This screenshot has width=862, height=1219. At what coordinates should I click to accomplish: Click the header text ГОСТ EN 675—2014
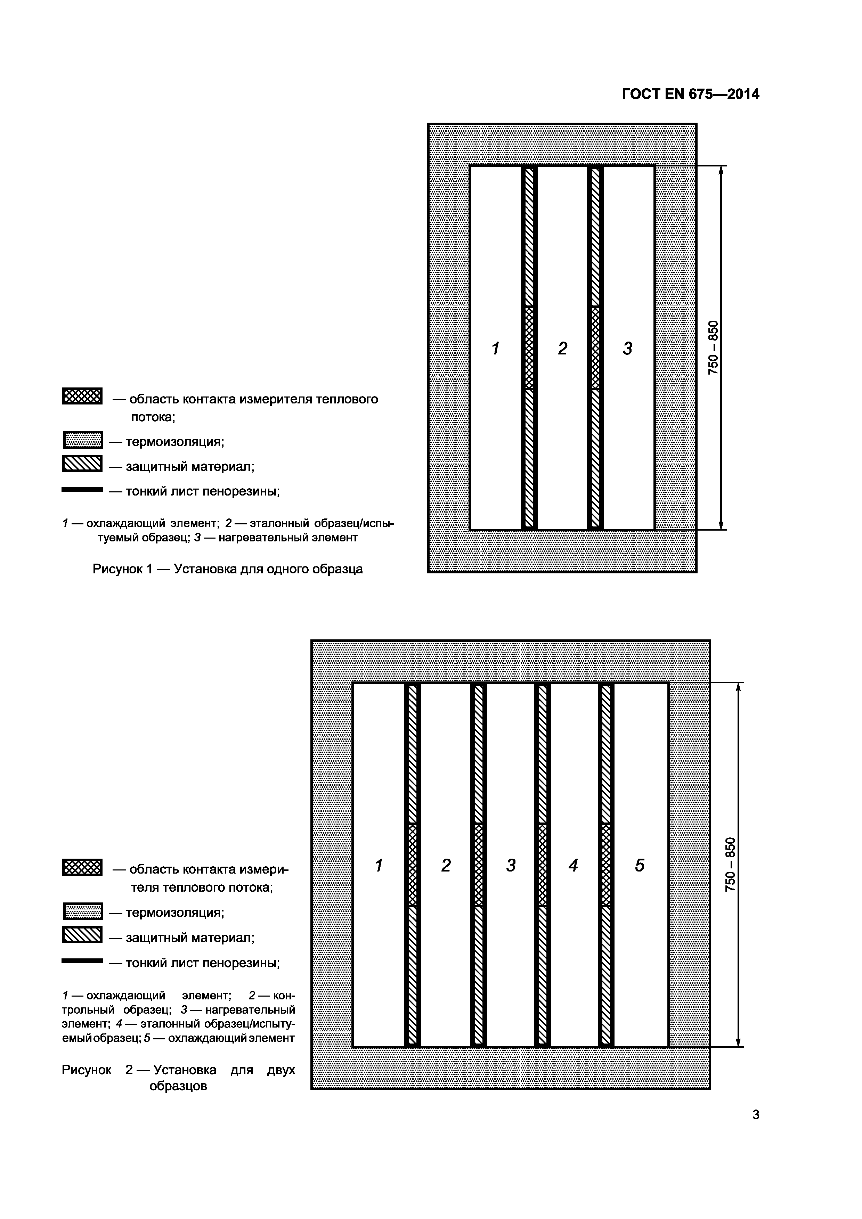tap(690, 95)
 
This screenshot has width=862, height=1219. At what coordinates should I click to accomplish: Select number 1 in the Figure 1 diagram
tap(496, 349)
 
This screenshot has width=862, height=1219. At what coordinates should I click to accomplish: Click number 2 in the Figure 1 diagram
tap(562, 349)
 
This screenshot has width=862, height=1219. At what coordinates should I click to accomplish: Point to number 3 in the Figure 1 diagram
tap(628, 349)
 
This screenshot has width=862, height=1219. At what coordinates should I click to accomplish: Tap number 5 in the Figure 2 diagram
tap(640, 865)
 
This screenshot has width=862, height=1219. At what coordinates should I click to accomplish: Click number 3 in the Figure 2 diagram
tap(510, 865)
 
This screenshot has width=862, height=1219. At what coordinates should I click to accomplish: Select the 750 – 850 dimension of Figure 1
tap(713, 348)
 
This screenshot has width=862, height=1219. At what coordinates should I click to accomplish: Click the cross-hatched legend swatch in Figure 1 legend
tap(82, 396)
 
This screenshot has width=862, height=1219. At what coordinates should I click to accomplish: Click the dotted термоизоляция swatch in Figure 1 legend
tap(83, 440)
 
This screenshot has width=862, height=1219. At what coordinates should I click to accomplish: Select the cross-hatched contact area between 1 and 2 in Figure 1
tap(529, 348)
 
